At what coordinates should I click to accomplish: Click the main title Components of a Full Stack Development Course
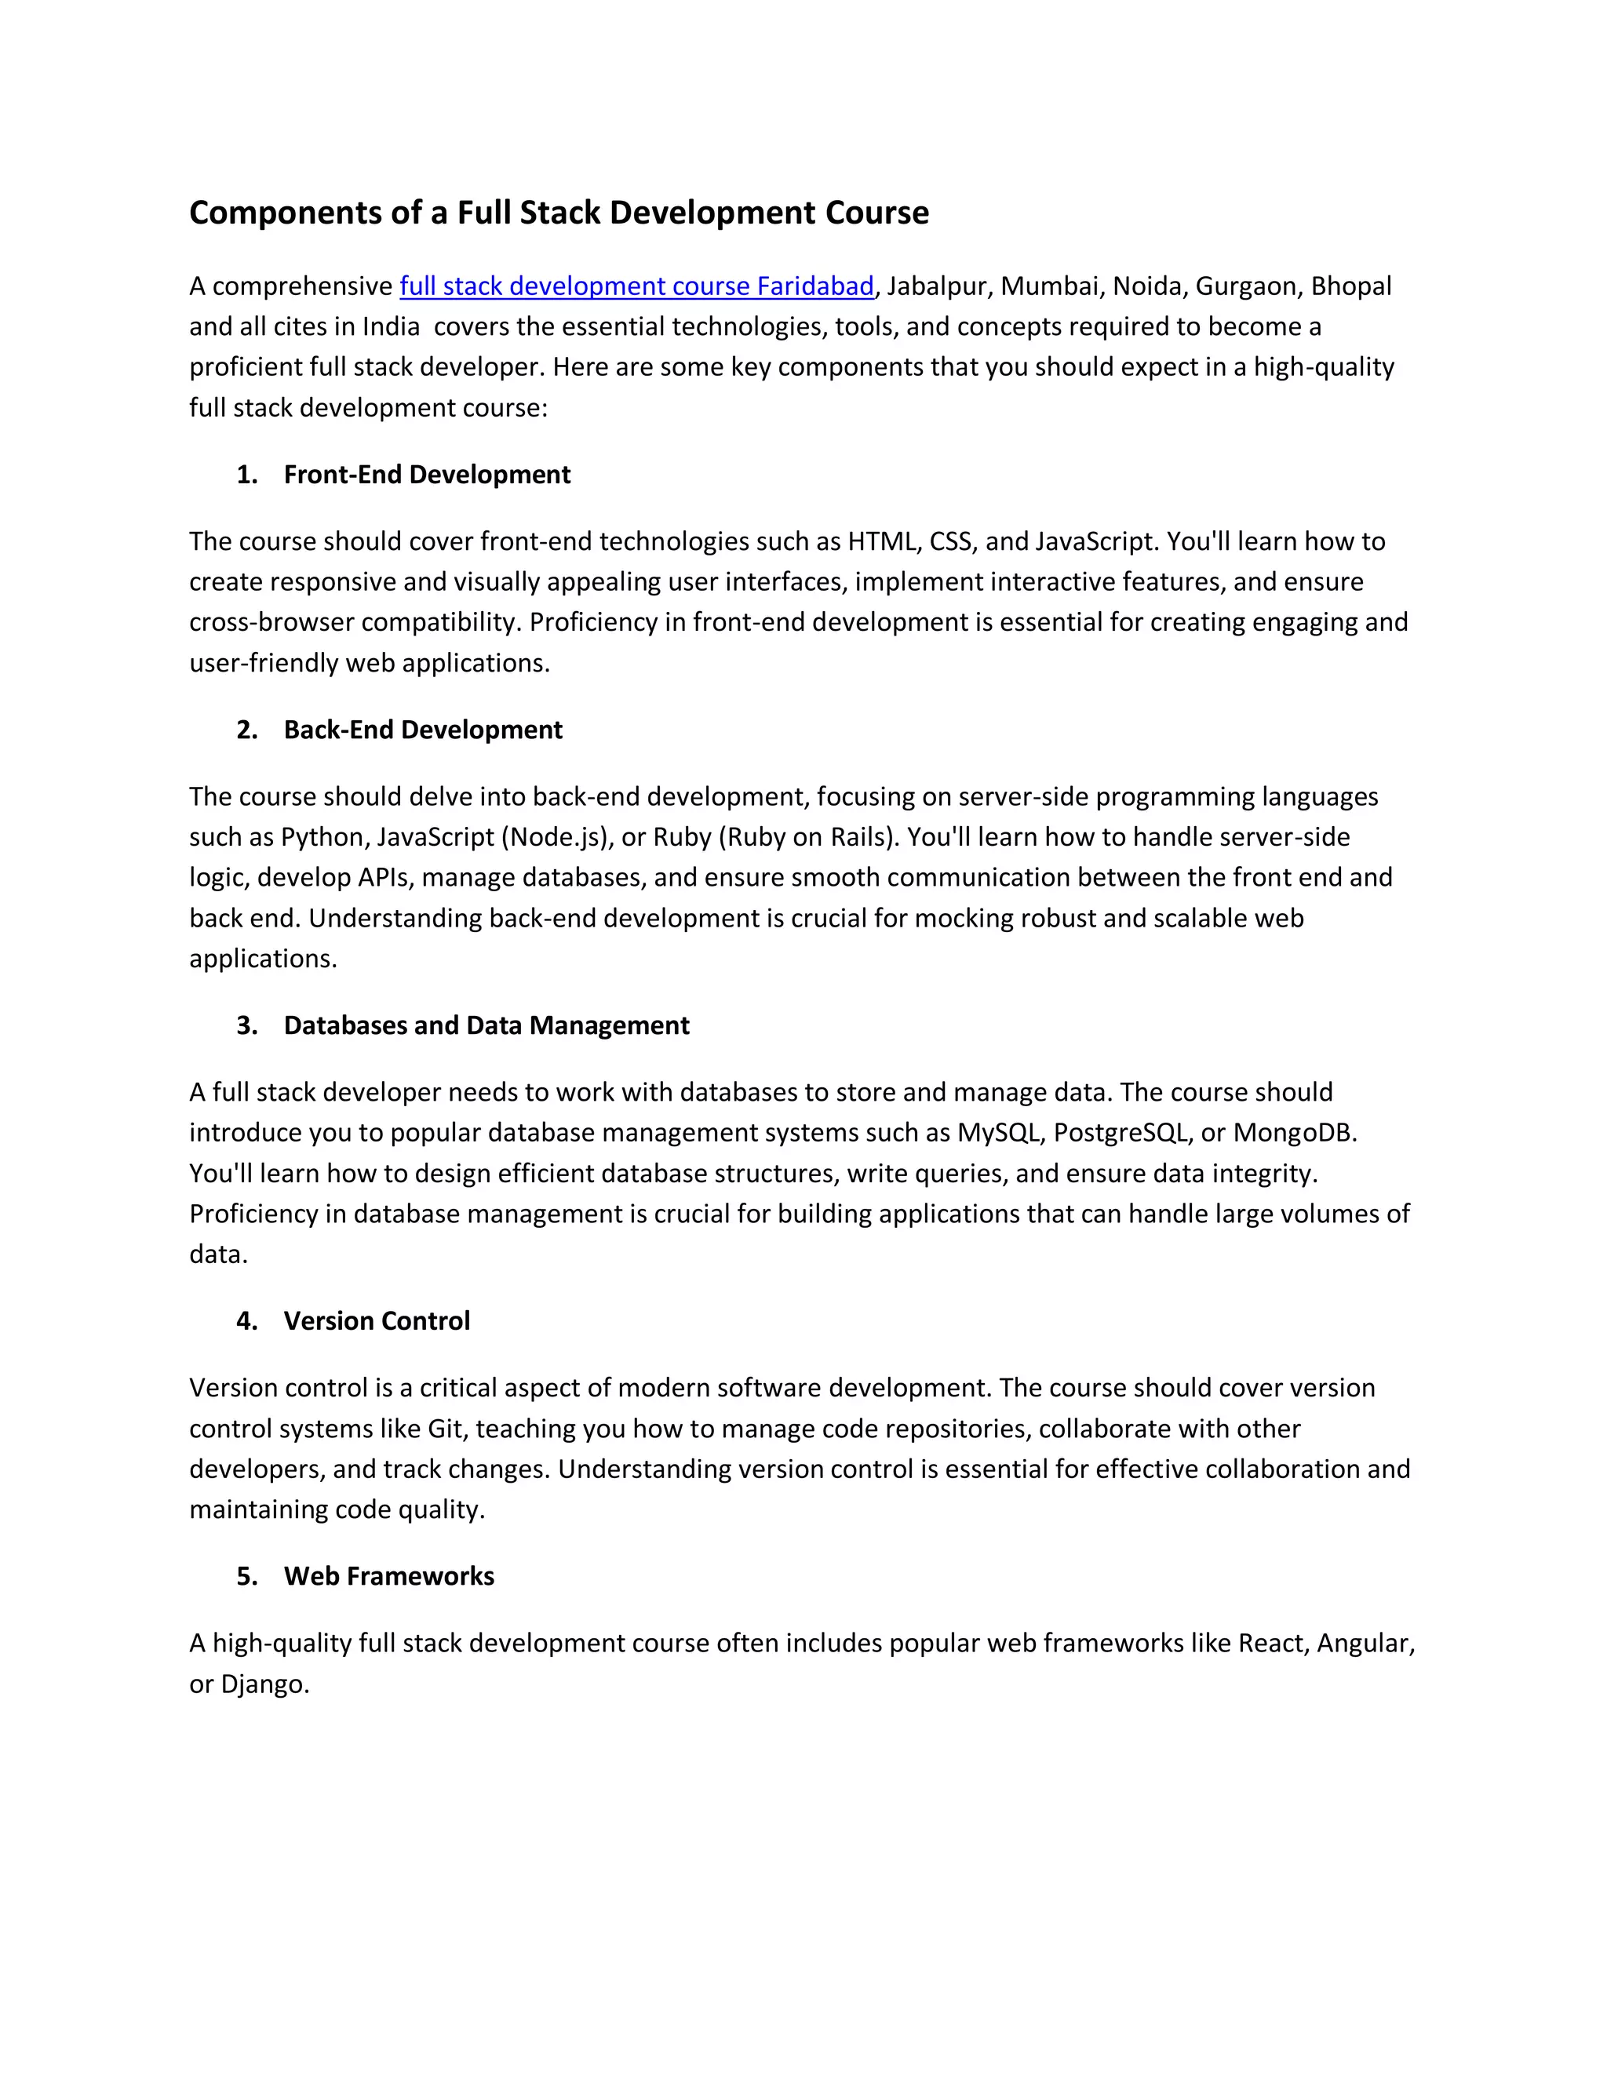tap(559, 213)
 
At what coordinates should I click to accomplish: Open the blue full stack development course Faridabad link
tap(636, 286)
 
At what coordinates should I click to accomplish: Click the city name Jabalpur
tap(936, 286)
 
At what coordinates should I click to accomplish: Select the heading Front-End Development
tap(427, 474)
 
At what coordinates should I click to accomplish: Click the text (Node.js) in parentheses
tap(555, 837)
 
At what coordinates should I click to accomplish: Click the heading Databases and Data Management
tap(486, 1025)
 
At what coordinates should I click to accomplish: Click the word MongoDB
tap(1293, 1133)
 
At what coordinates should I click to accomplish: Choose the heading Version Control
tap(376, 1320)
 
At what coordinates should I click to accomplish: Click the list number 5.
tap(246, 1575)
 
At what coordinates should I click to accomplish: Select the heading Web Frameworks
tap(388, 1575)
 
